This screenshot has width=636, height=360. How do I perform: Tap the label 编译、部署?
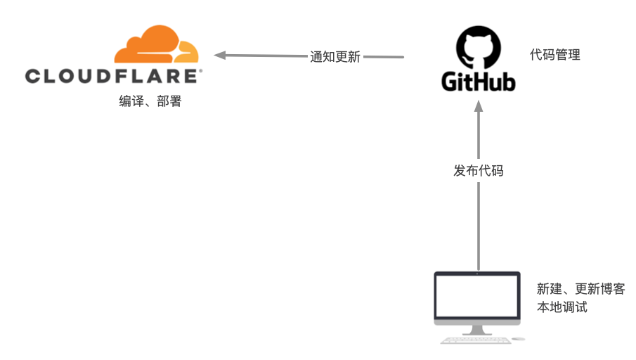(x=150, y=101)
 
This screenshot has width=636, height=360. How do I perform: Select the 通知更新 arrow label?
(x=335, y=57)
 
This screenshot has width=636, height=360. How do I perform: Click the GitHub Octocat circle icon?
(x=478, y=47)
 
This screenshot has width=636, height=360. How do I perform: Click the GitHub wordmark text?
(x=478, y=82)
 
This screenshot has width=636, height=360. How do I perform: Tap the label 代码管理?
(x=555, y=55)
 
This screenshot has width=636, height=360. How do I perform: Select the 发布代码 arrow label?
(x=478, y=170)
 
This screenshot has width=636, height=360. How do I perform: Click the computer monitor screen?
(x=478, y=295)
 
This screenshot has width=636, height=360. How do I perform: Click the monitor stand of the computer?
(x=478, y=329)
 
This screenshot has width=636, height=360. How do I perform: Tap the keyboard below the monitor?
(x=475, y=340)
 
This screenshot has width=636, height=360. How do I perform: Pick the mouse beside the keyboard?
(x=518, y=339)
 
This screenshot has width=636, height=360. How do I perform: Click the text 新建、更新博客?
(x=580, y=289)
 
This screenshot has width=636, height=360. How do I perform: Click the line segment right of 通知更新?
(x=385, y=57)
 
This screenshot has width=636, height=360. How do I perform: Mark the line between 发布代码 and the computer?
(x=478, y=225)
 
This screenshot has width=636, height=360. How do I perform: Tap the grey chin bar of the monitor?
(x=478, y=320)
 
